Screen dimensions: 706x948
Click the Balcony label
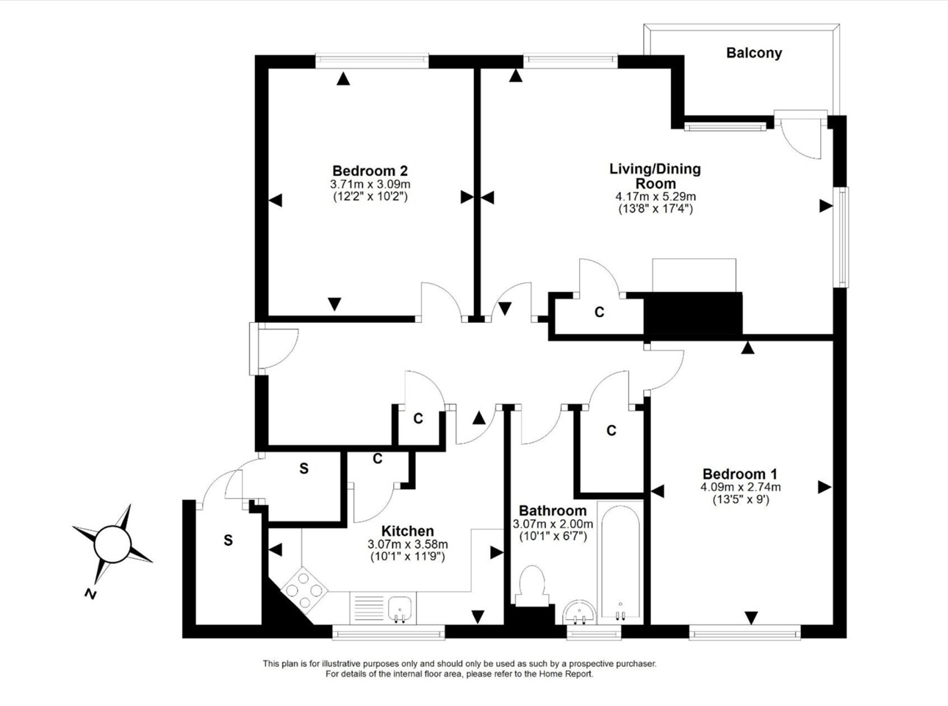[753, 53]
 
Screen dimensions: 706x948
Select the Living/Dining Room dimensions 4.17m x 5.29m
[655, 196]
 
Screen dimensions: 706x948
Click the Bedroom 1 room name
[739, 474]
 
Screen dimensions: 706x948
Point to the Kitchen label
[407, 531]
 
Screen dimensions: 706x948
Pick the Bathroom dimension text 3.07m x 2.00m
[553, 524]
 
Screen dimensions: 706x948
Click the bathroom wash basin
[581, 612]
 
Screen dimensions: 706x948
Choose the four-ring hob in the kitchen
[304, 588]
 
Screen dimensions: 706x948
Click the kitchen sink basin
[399, 608]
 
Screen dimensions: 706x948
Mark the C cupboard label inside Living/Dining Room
[599, 313]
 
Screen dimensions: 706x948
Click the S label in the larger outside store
[228, 541]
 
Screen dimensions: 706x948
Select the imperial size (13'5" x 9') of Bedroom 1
[740, 499]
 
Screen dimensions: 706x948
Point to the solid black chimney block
[693, 315]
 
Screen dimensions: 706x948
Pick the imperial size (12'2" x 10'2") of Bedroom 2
[370, 196]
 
